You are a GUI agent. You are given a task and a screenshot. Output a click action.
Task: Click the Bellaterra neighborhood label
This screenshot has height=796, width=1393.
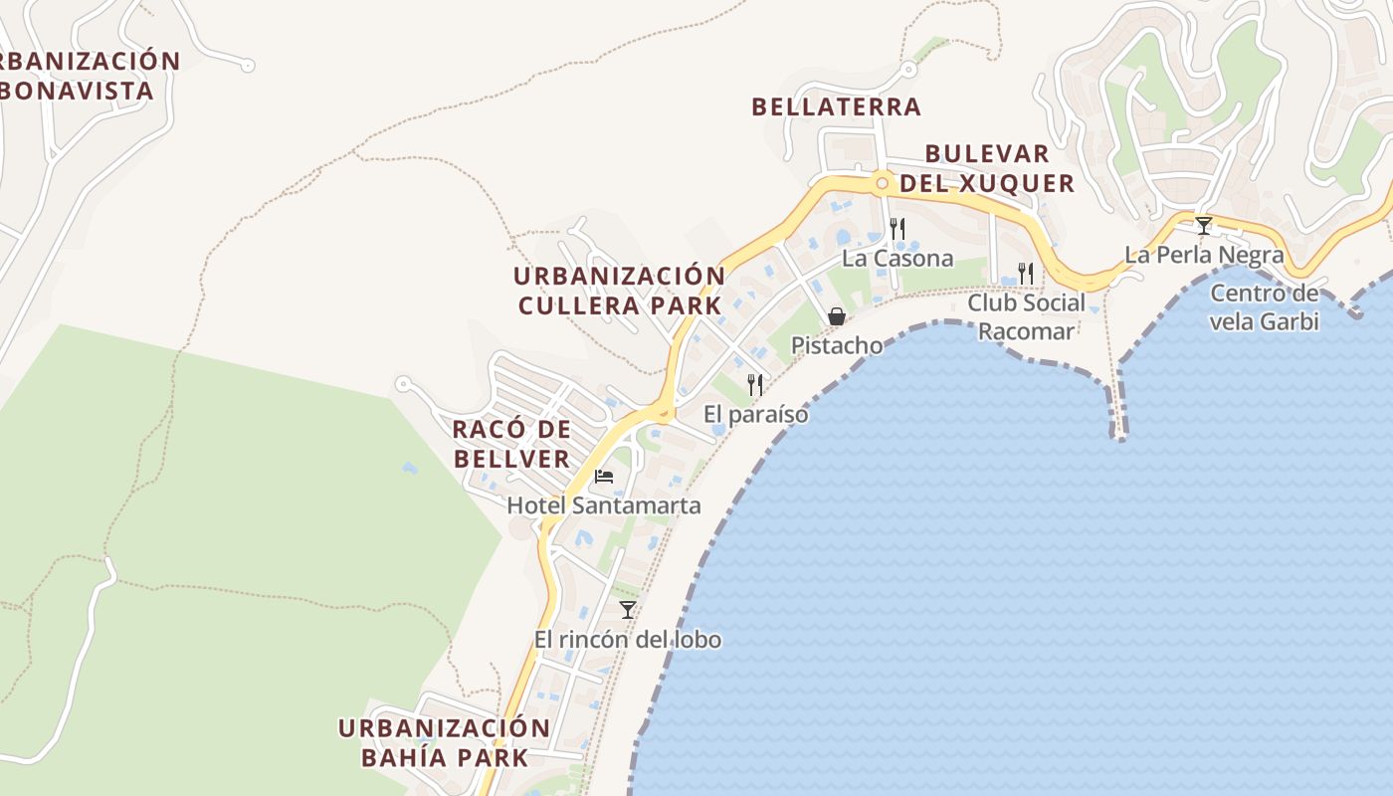coord(836,106)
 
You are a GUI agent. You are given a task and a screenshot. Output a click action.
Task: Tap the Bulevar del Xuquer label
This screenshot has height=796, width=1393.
coord(987,169)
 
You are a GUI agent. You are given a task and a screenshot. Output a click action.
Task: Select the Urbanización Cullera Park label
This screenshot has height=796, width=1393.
coord(619,291)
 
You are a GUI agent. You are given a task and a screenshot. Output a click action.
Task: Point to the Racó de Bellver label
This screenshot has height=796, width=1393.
coord(511,444)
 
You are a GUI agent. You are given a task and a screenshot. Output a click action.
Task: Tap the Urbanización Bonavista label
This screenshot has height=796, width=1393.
coord(85,76)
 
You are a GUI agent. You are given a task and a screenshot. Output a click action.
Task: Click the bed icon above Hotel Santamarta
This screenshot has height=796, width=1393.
coord(603,476)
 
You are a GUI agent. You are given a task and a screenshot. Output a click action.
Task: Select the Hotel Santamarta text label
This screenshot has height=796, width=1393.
coord(604,505)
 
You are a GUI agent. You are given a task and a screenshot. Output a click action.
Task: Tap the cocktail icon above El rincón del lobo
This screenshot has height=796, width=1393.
coord(627,609)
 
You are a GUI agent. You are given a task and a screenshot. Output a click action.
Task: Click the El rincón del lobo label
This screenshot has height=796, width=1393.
coord(627,640)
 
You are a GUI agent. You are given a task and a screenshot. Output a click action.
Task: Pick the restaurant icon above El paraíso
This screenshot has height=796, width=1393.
coord(755,384)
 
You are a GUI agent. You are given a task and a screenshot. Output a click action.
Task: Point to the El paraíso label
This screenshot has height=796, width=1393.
coord(755,414)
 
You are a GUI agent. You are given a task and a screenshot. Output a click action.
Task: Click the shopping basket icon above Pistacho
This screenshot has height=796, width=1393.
coord(837,316)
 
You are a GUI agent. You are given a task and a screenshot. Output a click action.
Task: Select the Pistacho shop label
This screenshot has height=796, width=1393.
coord(837,345)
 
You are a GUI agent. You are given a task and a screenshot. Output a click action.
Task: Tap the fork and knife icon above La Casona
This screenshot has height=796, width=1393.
coord(896,229)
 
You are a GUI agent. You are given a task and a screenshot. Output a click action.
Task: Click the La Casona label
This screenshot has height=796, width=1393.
coord(896,259)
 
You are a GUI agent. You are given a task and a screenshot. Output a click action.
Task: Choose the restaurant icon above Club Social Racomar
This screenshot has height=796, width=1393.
coord(1026,272)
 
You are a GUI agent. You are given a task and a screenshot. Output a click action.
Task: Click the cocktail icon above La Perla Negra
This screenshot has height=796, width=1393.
coord(1204,226)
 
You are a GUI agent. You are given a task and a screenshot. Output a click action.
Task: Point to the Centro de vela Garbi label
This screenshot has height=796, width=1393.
coord(1265,307)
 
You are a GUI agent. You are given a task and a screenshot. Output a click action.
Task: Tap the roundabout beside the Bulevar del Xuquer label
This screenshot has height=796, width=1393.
coord(882,183)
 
